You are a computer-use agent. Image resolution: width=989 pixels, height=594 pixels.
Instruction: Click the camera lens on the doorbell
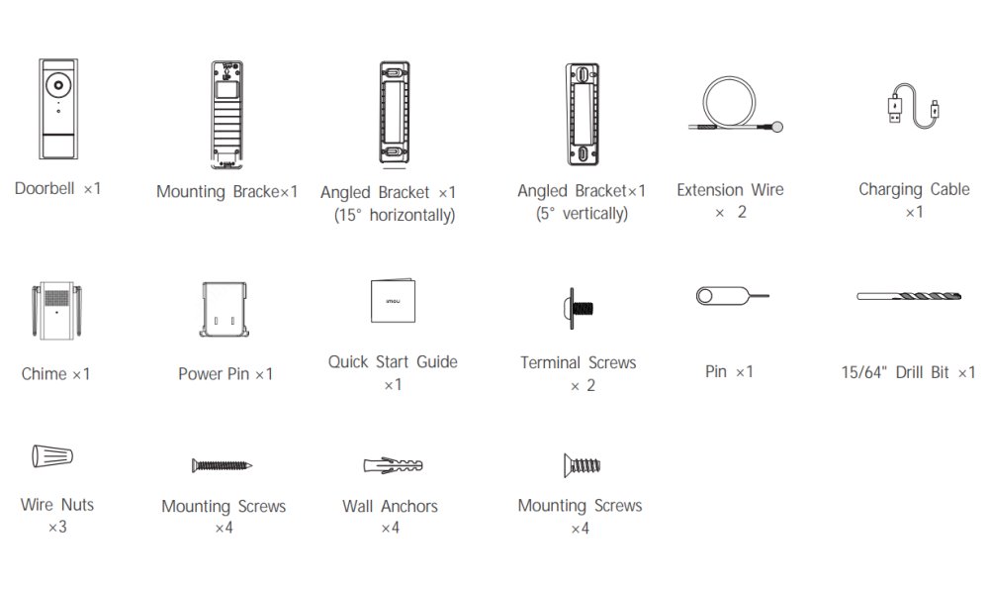coord(58,84)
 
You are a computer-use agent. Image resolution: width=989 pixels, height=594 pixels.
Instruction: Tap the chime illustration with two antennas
coord(56,311)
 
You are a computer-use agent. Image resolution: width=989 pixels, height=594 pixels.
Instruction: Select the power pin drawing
coord(224,309)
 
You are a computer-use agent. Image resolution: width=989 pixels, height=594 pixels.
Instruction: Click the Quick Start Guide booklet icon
coord(393,301)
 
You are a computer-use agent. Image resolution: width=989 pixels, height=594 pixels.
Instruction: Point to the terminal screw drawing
coord(578,309)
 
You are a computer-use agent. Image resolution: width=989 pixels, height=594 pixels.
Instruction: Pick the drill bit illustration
coord(908,296)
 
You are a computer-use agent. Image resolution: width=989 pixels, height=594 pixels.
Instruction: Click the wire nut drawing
coord(52,455)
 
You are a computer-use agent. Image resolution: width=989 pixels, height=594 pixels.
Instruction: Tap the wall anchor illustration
coord(393,466)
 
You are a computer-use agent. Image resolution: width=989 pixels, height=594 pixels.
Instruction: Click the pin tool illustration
coord(732,295)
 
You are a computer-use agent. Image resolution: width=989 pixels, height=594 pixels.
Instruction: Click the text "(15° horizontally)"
coord(395,215)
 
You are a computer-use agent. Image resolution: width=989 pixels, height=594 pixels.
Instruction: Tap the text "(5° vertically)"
coord(582,214)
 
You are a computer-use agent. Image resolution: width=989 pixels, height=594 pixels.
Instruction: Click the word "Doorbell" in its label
coord(45,189)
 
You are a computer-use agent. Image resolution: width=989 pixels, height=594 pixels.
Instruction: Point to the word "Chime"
coord(44,374)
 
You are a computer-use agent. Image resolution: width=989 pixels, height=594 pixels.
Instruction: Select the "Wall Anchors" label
coord(390,506)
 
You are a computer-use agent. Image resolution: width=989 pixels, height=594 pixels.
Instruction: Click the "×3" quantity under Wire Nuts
coord(57,527)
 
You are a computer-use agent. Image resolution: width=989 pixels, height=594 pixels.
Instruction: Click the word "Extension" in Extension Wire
coord(709,190)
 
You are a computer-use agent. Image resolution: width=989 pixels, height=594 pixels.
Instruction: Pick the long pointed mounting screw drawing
coord(222,466)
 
